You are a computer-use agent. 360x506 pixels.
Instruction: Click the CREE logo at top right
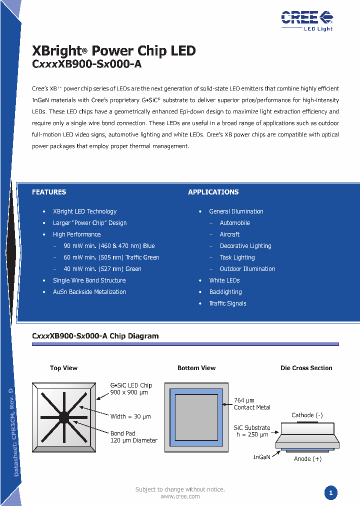pyautogui.click(x=306, y=20)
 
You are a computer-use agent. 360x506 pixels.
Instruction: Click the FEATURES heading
pyautogui.click(x=49, y=192)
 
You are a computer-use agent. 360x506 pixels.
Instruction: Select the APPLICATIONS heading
pyautogui.click(x=213, y=192)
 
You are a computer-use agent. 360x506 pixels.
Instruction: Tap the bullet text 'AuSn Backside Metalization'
pyautogui.click(x=89, y=292)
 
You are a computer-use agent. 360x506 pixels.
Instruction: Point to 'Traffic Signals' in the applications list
pyautogui.click(x=227, y=303)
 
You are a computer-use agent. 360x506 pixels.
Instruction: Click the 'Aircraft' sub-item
pyautogui.click(x=229, y=234)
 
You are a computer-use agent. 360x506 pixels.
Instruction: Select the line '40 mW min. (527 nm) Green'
pyautogui.click(x=102, y=269)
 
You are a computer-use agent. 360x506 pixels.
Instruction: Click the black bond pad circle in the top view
pyautogui.click(x=64, y=417)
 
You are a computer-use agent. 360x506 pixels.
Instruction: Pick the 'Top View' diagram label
pyautogui.click(x=63, y=368)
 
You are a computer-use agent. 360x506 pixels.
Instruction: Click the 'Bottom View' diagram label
pyautogui.click(x=196, y=368)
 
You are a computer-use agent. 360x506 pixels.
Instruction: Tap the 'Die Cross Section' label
pyautogui.click(x=306, y=368)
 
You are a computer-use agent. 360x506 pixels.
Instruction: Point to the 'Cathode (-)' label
pyautogui.click(x=307, y=415)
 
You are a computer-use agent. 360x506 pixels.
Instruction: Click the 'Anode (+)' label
pyautogui.click(x=307, y=458)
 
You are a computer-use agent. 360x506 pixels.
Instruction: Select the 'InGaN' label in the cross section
pyautogui.click(x=262, y=457)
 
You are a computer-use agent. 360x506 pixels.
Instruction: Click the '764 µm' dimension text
pyautogui.click(x=244, y=400)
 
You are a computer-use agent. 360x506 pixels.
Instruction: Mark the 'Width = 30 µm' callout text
pyautogui.click(x=130, y=416)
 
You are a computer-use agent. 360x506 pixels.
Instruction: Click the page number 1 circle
pyautogui.click(x=330, y=493)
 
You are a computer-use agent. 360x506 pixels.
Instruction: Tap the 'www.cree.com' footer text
pyautogui.click(x=180, y=496)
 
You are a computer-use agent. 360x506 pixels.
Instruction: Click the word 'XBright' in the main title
pyautogui.click(x=56, y=51)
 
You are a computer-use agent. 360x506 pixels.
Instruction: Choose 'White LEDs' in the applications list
pyautogui.click(x=224, y=280)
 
